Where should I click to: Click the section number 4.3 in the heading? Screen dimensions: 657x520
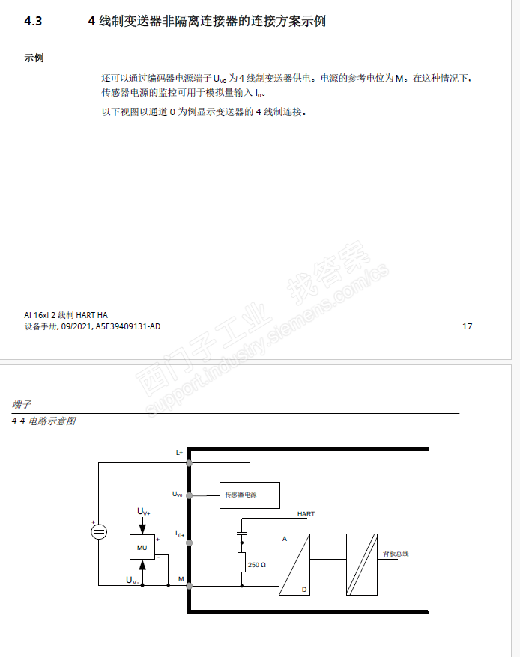coord(33,22)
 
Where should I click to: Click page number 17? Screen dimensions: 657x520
coord(468,326)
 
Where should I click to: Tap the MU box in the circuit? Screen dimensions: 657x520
coord(142,548)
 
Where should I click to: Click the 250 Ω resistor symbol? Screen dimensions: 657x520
coord(241,562)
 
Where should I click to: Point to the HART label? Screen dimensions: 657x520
coord(306,514)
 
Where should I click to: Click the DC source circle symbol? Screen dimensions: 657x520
coord(98,532)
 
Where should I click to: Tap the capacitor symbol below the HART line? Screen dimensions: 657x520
coord(241,533)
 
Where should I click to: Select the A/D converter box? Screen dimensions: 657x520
coord(294,564)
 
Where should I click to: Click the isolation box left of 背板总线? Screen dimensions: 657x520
coord(361,564)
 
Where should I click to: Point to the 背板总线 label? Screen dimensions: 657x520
coord(396,554)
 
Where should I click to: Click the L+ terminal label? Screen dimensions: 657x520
coord(179,453)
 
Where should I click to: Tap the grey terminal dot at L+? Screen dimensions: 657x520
coord(190,463)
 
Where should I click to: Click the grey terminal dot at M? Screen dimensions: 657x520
coord(190,585)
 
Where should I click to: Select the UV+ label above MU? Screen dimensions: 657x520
coord(143,512)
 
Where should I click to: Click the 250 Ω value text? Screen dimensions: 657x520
coord(257,564)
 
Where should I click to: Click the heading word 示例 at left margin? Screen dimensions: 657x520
coord(34,58)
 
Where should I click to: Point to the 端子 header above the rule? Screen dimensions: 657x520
coord(22,404)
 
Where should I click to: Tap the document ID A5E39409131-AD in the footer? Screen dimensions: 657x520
coord(128,327)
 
